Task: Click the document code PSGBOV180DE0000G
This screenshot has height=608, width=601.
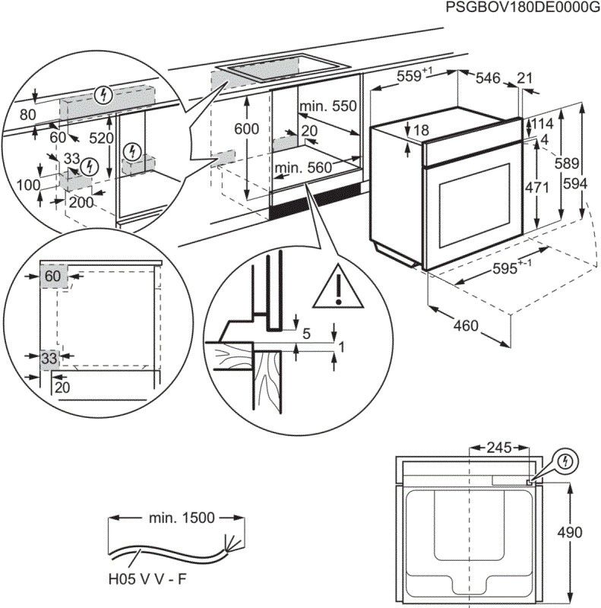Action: click(520, 8)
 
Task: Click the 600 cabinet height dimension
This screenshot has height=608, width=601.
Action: click(246, 129)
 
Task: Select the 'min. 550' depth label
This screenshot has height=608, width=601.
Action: click(327, 106)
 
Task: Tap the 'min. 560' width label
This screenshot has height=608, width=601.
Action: click(304, 168)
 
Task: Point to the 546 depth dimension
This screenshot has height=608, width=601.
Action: click(488, 77)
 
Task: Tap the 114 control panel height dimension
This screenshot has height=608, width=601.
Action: click(541, 124)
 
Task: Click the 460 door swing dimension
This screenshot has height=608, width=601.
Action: click(466, 326)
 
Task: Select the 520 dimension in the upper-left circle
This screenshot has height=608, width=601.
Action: click(100, 138)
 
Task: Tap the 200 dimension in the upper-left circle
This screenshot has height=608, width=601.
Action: click(81, 202)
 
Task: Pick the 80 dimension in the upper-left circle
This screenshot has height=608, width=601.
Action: click(27, 116)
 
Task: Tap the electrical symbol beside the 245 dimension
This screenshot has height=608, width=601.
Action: click(565, 461)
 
